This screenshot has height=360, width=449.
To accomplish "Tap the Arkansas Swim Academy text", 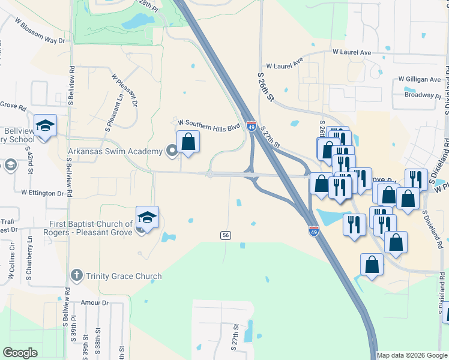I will (x=115, y=151).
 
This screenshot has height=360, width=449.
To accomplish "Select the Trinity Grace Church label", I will (x=124, y=277).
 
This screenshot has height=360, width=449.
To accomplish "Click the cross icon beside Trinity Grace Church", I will (x=76, y=276).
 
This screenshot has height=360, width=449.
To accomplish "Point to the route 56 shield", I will (x=226, y=236).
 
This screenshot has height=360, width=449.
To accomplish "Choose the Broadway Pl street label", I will (x=423, y=95).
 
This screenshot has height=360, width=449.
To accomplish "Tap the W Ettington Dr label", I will (x=42, y=193).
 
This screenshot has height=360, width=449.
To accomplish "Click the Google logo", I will (x=20, y=352).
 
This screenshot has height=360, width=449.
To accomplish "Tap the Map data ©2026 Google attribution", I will (x=411, y=355).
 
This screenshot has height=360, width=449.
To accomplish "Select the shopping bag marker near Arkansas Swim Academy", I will (x=188, y=142).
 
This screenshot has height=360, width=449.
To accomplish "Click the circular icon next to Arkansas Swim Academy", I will (x=171, y=151).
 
